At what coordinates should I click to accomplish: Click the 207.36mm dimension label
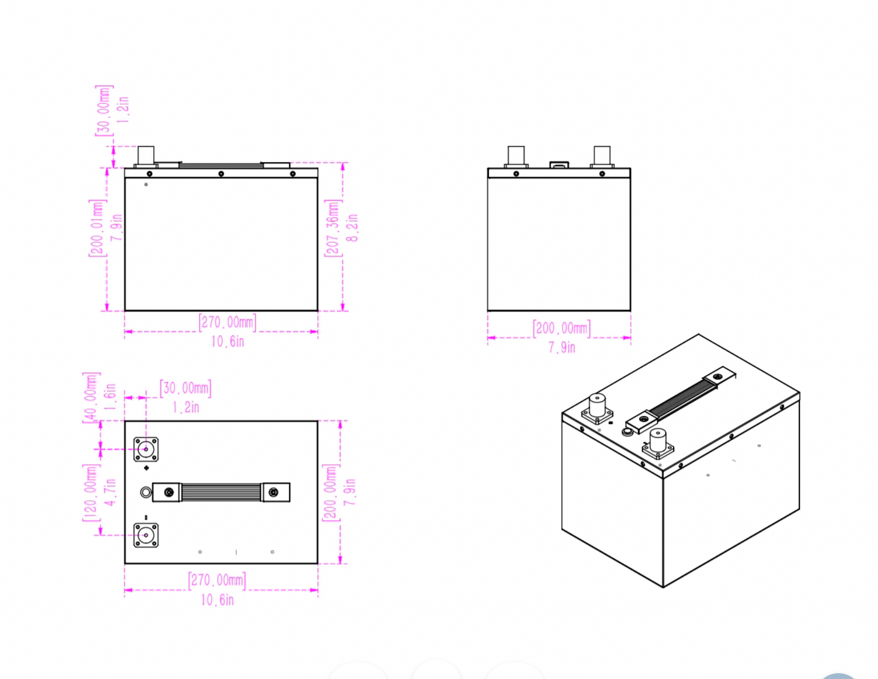(x=333, y=228)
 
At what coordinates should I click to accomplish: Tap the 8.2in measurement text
(x=352, y=228)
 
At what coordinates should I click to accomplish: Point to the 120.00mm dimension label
(x=90, y=493)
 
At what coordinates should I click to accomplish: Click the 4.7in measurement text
(x=110, y=493)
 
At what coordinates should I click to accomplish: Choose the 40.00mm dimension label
(x=90, y=395)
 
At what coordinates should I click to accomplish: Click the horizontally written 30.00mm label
(x=186, y=388)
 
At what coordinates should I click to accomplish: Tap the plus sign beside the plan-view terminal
(x=146, y=468)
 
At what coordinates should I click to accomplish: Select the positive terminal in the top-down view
(x=146, y=450)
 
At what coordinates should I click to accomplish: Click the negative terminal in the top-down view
(x=146, y=535)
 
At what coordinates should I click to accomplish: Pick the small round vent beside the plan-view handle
(x=145, y=492)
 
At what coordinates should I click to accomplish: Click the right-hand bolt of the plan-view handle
(x=274, y=492)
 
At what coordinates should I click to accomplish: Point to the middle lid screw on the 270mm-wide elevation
(x=221, y=174)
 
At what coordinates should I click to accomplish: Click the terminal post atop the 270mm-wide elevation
(x=146, y=155)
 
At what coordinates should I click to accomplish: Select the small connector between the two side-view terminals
(x=559, y=164)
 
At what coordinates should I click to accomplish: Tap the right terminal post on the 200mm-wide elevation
(x=602, y=155)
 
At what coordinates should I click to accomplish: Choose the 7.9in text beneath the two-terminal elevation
(x=561, y=347)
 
